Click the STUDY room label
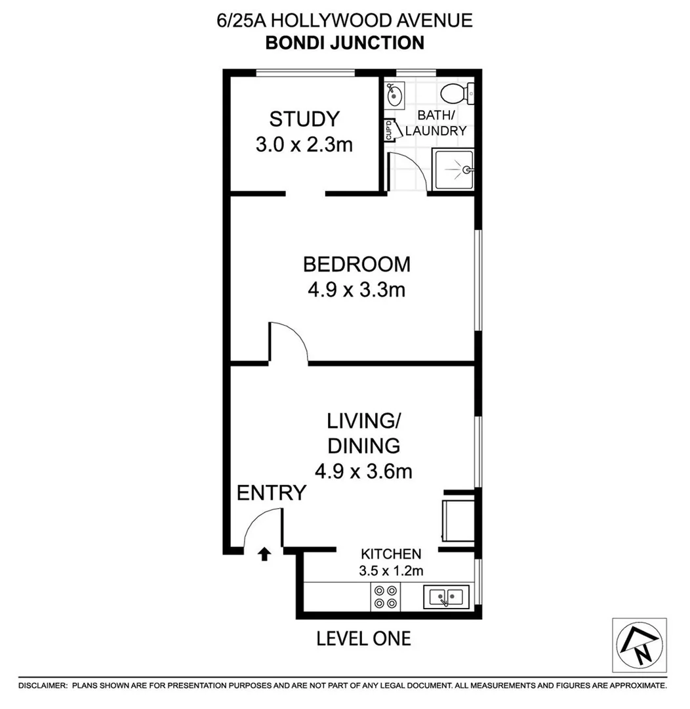click(304, 119)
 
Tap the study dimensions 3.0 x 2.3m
click(304, 144)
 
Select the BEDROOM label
click(356, 265)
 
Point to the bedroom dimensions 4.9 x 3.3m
click(356, 290)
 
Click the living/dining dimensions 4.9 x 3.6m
click(363, 471)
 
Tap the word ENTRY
click(272, 492)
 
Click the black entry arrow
click(264, 555)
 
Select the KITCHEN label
click(390, 554)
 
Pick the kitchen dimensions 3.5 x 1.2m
click(390, 570)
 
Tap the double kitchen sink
click(446, 597)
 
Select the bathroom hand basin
click(395, 96)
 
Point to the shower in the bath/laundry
click(452, 170)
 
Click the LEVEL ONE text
click(363, 637)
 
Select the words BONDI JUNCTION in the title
click(344, 43)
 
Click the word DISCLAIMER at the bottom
click(43, 685)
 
